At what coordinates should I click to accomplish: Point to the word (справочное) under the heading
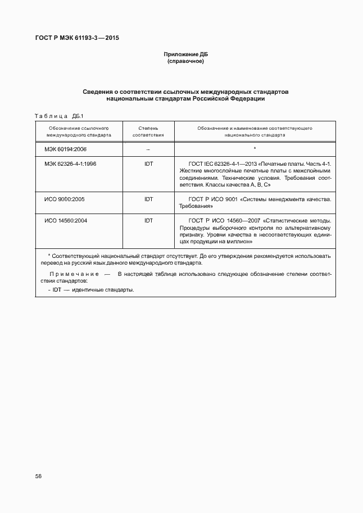(185, 61)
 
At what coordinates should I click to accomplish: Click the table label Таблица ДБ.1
(58, 116)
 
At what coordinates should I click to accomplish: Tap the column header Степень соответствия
(148, 132)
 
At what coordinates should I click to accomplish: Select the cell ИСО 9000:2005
(65, 199)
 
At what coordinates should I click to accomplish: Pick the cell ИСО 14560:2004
(66, 221)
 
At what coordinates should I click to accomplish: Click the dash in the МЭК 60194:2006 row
(148, 150)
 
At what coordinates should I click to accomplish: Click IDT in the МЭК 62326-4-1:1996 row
(148, 164)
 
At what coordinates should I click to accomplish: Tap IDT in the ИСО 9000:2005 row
(148, 199)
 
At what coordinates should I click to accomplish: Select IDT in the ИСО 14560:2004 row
(148, 221)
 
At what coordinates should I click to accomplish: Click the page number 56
(38, 476)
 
